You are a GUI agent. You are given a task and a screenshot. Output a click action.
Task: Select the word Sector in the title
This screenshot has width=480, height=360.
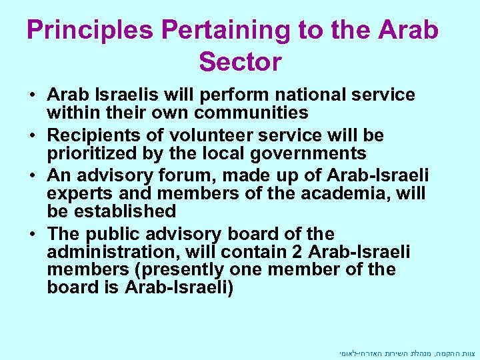[240, 62]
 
